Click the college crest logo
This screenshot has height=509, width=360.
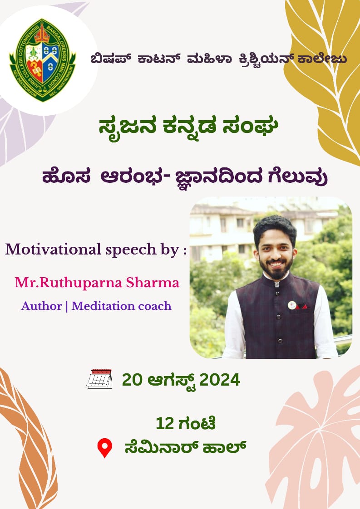[43, 60]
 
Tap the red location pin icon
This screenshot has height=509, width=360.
[104, 448]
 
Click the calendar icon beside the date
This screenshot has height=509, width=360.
[99, 379]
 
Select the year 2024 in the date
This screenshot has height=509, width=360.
[220, 380]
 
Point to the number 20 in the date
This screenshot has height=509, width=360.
[132, 380]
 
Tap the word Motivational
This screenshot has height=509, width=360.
[54, 250]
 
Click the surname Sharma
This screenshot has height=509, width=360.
[153, 283]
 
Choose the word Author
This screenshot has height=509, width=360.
[42, 306]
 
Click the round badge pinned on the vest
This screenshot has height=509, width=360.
[292, 305]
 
